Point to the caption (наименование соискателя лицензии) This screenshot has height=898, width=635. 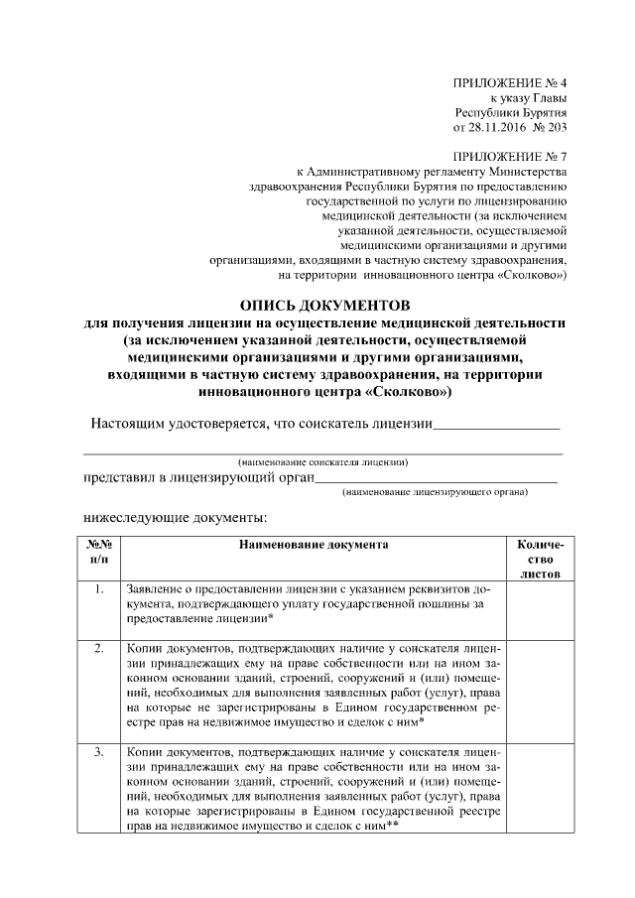[x=323, y=461]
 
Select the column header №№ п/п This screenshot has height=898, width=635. [x=99, y=552]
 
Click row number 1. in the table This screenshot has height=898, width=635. [x=99, y=589]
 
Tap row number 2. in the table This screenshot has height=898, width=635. [x=99, y=649]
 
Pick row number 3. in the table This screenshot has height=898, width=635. [x=99, y=753]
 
